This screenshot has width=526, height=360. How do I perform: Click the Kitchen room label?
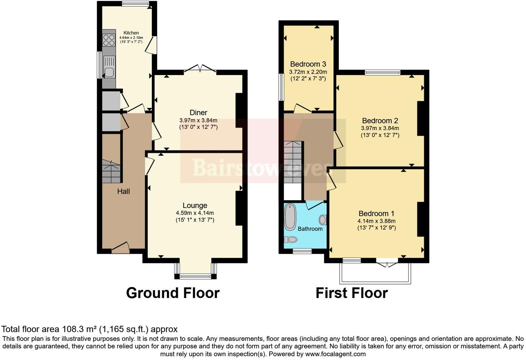pyautogui.click(x=131, y=33)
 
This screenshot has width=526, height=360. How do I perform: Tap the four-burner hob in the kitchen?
pyautogui.click(x=109, y=40)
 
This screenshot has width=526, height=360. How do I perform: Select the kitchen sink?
pyautogui.click(x=109, y=72)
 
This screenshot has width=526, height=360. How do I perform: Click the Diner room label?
pyautogui.click(x=198, y=112)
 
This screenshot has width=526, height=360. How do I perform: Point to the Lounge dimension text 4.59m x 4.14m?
pyautogui.click(x=194, y=213)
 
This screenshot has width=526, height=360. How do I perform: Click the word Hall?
pyautogui.click(x=124, y=191)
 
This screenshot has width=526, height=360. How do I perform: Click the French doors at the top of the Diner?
pyautogui.click(x=200, y=69)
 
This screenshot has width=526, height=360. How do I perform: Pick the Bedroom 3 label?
pyautogui.click(x=308, y=64)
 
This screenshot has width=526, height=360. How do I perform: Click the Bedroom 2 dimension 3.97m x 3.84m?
pyautogui.click(x=380, y=128)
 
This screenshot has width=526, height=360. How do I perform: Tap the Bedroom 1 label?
pyautogui.click(x=377, y=214)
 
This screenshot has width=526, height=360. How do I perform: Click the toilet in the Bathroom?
pyautogui.click(x=291, y=240)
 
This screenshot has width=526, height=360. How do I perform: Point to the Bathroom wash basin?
pyautogui.click(x=323, y=220)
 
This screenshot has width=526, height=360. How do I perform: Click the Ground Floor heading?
pyautogui.click(x=173, y=293)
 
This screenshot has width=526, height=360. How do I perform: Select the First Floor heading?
pyautogui.click(x=352, y=293)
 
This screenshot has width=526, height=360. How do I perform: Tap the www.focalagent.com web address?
pyautogui.click(x=335, y=354)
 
